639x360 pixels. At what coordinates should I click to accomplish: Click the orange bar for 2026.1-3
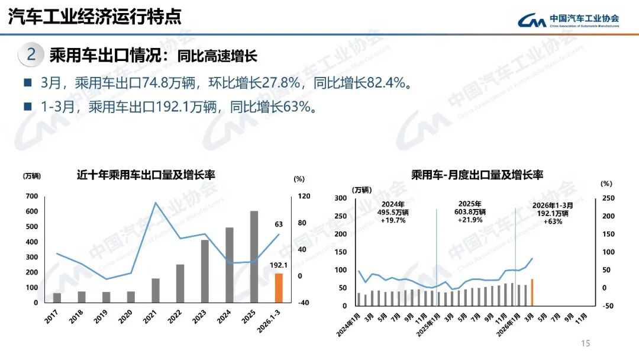279,288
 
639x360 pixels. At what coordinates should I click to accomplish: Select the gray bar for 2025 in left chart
254,256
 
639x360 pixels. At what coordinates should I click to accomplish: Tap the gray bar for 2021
156,290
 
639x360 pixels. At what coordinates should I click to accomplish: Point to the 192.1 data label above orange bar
279,265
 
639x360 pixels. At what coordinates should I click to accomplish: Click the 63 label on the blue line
279,224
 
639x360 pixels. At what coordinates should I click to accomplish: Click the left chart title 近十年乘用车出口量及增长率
146,175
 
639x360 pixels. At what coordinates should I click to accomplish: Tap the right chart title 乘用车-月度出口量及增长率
477,175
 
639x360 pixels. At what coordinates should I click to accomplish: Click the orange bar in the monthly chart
532,292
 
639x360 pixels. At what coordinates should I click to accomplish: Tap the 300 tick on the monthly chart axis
341,198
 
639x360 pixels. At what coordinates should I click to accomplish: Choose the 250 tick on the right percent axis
608,198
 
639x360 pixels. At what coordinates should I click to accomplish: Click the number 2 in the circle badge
32,55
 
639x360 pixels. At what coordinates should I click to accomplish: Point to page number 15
586,343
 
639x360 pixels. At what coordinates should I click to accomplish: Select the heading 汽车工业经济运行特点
94,17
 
